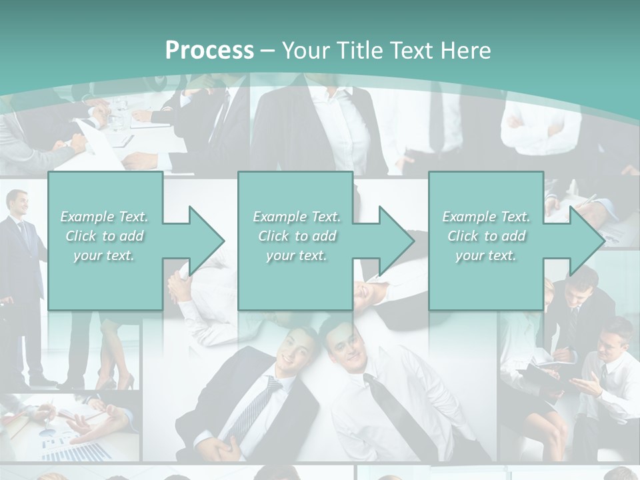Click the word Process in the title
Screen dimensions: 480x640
pyautogui.click(x=209, y=51)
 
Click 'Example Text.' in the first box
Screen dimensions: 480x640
pyautogui.click(x=104, y=217)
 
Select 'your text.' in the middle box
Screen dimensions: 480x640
pyautogui.click(x=296, y=255)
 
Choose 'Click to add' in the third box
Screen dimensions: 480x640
pyautogui.click(x=486, y=236)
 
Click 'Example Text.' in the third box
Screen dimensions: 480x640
pyautogui.click(x=486, y=217)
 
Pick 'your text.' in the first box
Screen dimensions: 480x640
pyautogui.click(x=104, y=255)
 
